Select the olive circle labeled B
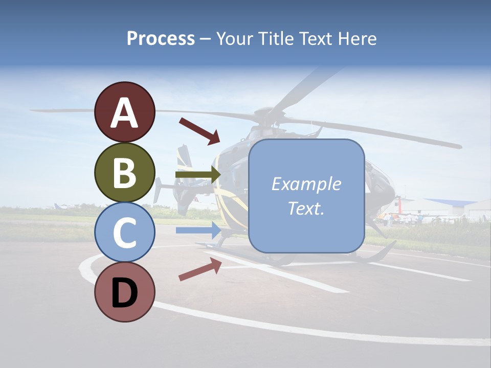(x=124, y=173)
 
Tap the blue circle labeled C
(x=124, y=233)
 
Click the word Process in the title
(x=161, y=38)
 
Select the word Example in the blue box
(x=306, y=184)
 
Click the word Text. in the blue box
(x=306, y=208)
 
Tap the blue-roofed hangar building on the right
(x=450, y=207)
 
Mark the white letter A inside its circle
(x=124, y=112)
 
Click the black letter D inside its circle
(x=124, y=292)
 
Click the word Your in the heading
(x=229, y=38)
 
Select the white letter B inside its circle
(x=124, y=173)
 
